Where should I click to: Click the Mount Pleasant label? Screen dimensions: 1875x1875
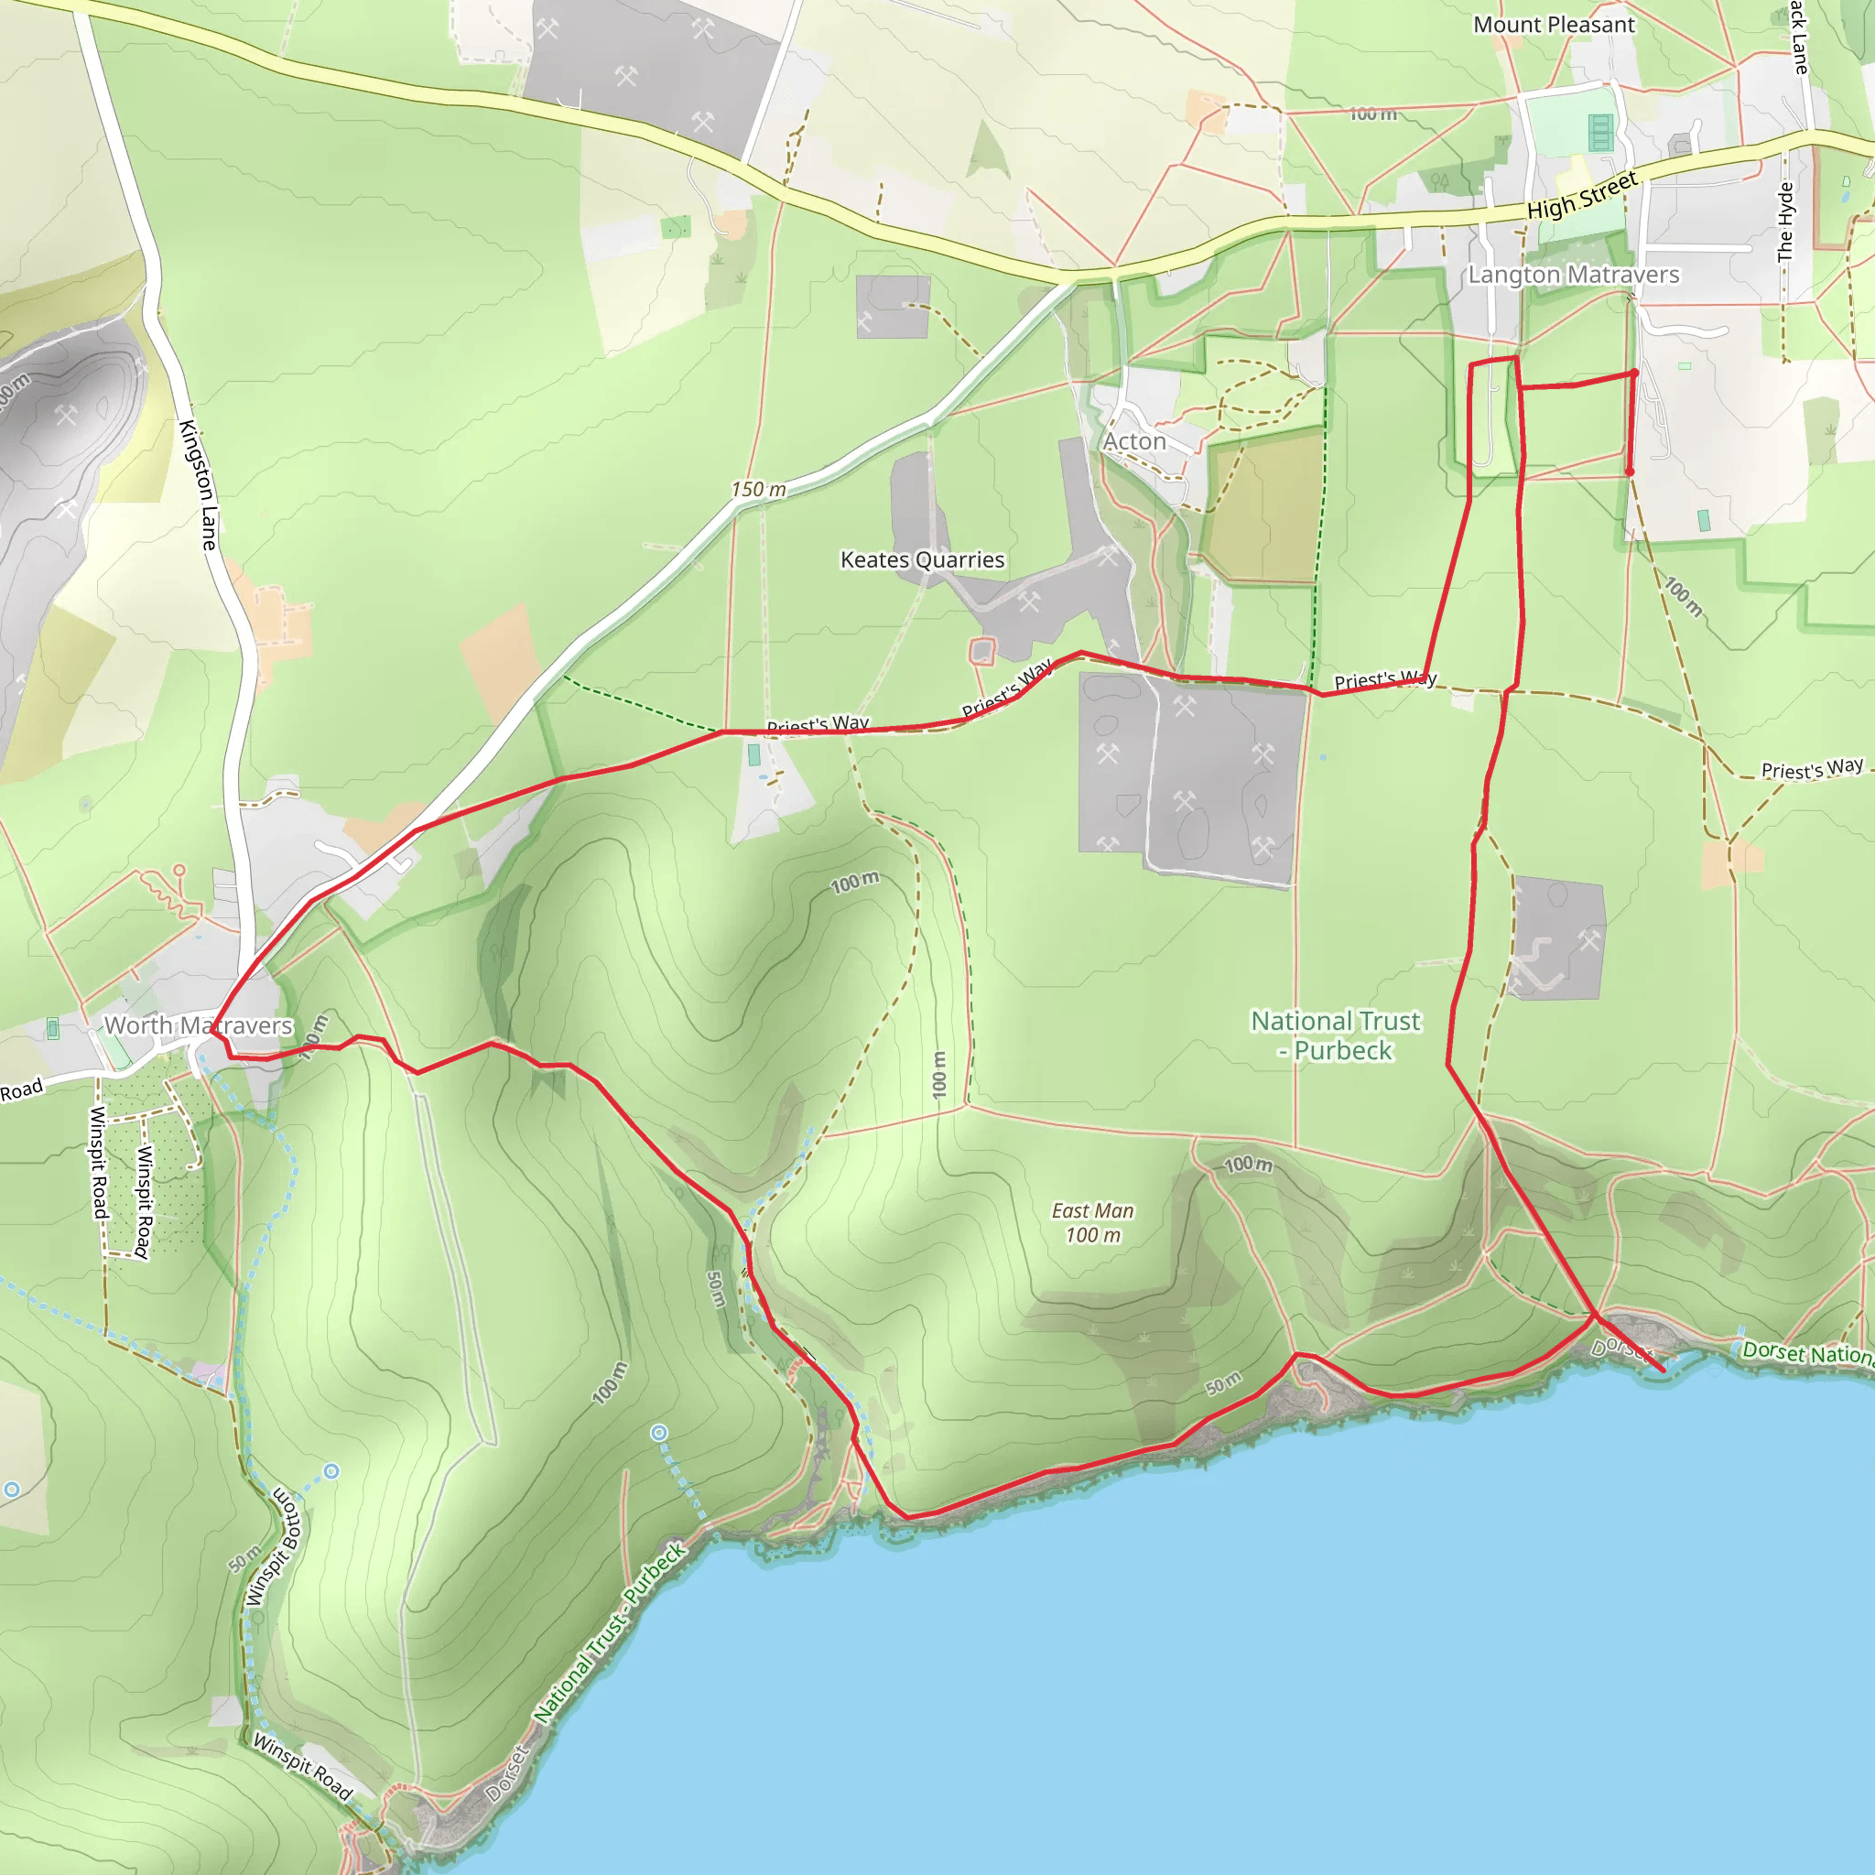[1553, 26]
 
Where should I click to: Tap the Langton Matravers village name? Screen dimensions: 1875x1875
[1572, 276]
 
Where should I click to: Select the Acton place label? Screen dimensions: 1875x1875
[1134, 441]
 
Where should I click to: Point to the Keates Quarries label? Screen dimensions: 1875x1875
[922, 560]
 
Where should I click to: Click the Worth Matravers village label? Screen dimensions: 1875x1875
[198, 1025]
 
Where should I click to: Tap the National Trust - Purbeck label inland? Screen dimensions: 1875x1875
[1335, 1035]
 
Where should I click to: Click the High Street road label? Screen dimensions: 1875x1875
[1582, 195]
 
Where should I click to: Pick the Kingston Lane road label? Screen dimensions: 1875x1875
[198, 485]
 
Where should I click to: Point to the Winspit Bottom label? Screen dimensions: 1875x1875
[276, 1546]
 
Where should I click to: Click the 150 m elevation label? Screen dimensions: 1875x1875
[758, 490]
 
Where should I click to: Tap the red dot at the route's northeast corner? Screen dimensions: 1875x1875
[1634, 373]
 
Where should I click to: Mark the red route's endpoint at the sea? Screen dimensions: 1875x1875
[1663, 1371]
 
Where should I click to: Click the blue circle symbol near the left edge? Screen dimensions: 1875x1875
[12, 1490]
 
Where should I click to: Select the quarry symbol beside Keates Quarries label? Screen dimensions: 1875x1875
[1029, 602]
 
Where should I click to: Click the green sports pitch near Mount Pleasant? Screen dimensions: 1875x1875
[1600, 132]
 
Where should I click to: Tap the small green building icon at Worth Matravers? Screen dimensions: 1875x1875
[53, 1028]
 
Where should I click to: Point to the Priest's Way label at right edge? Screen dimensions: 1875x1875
[1812, 769]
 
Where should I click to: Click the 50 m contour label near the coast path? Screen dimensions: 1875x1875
[1224, 1383]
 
